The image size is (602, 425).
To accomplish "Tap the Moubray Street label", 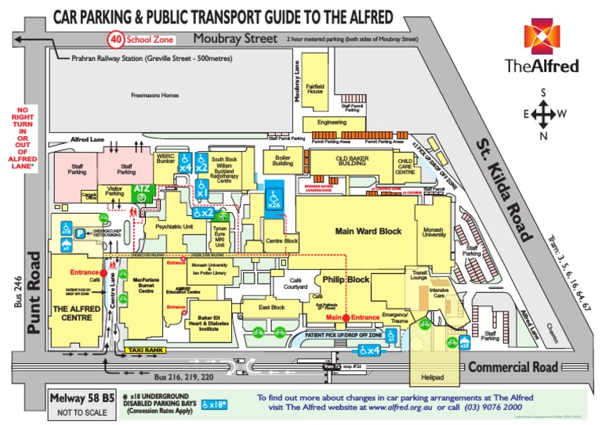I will click(x=226, y=38).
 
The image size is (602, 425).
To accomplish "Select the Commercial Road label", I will click(x=513, y=367).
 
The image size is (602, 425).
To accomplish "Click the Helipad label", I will click(x=433, y=377).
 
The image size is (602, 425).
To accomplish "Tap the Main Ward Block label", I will click(x=368, y=231).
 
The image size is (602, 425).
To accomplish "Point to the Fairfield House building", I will click(x=315, y=87).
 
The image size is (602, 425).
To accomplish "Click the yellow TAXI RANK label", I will click(x=146, y=349).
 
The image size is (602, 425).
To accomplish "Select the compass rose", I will click(x=542, y=116).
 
